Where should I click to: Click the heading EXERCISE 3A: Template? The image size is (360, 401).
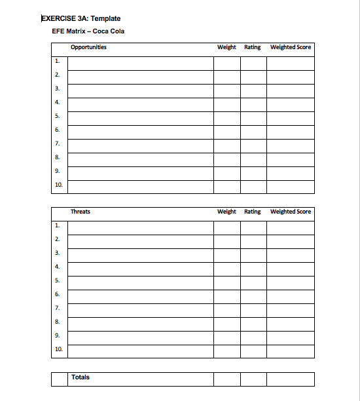[81, 19]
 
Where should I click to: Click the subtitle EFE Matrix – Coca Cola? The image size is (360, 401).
[88, 31]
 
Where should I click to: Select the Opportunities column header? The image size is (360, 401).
[88, 47]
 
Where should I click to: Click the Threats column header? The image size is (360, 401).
[81, 212]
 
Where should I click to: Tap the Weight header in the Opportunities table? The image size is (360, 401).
[226, 47]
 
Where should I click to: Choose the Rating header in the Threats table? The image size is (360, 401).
[253, 212]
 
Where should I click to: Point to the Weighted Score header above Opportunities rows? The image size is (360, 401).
[291, 47]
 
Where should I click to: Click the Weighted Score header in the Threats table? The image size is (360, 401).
[291, 212]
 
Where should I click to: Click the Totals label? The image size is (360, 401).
[81, 377]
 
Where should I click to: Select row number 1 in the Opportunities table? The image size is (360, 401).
[57, 61]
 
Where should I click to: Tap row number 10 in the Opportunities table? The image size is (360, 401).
[58, 185]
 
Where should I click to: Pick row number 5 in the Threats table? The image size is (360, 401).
[57, 280]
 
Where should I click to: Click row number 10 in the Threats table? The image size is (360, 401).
[58, 350]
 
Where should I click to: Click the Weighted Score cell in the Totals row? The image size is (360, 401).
[291, 379]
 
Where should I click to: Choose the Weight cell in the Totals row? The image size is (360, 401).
[226, 379]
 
